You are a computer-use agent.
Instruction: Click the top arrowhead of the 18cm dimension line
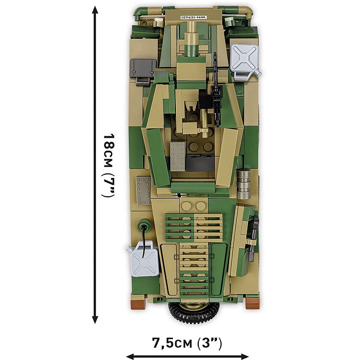click(94, 11)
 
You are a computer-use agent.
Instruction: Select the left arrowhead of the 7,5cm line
click(130, 356)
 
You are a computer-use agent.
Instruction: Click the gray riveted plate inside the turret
click(178, 154)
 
